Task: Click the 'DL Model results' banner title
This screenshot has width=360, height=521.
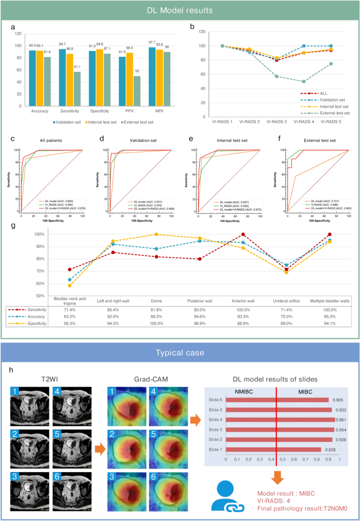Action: [x=180, y=10]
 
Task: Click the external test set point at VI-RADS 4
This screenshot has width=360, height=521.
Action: [x=304, y=81]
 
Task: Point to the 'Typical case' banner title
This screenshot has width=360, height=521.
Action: [x=180, y=352]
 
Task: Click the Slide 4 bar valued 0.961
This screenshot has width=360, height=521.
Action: [x=281, y=420]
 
